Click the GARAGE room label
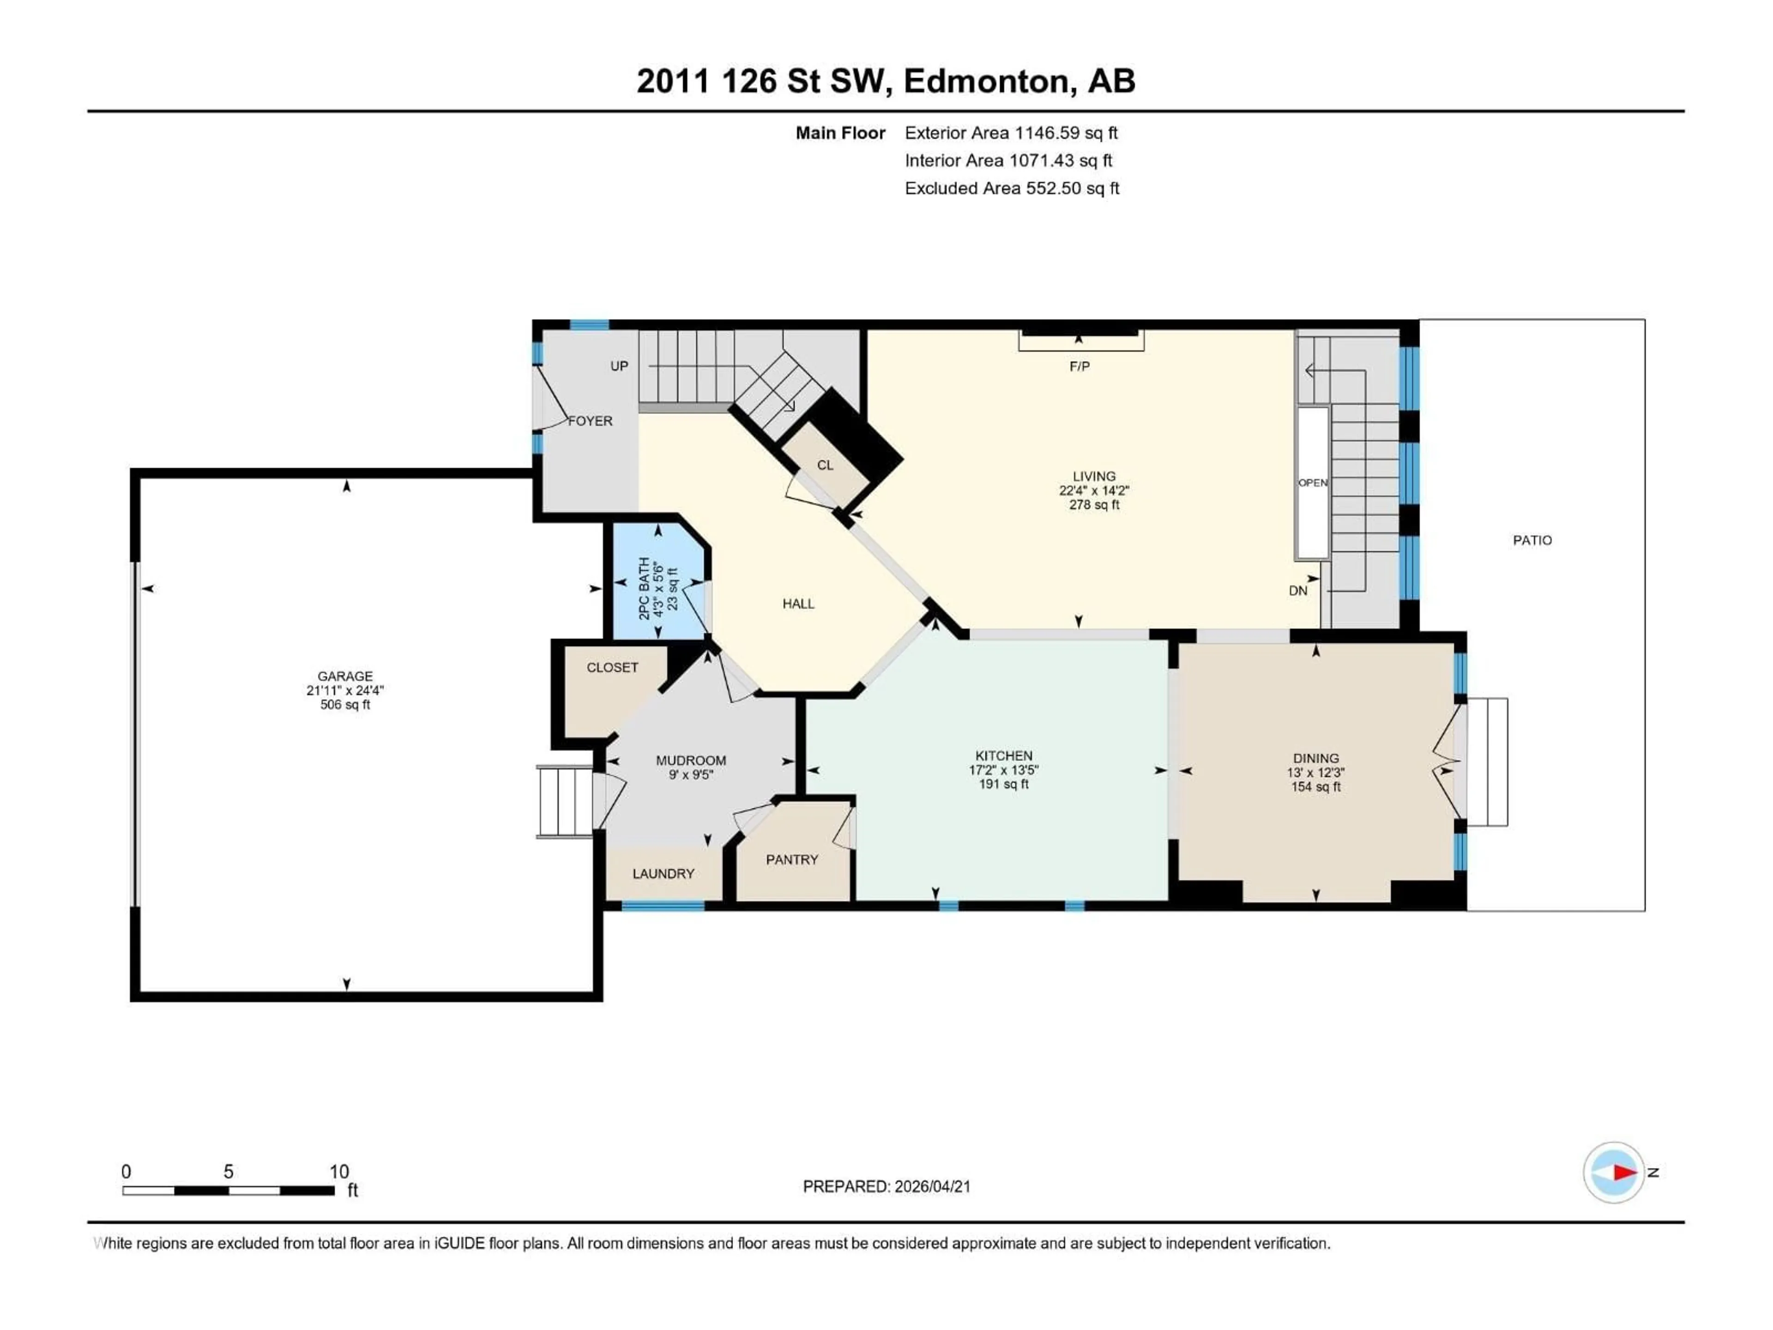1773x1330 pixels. coord(344,676)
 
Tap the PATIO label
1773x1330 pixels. coord(1532,540)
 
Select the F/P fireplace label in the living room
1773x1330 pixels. coord(1079,366)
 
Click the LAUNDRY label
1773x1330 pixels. coord(663,873)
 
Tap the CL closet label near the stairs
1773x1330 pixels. coord(825,465)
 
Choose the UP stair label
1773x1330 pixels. coord(619,366)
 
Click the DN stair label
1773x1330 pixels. coord(1298,590)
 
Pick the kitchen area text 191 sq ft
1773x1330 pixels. coord(1003,784)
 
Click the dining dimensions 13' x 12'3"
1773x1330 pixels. coord(1315,773)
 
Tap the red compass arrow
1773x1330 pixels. coord(1624,1172)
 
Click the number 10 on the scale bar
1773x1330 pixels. coord(339,1171)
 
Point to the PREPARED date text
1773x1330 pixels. coord(886,1186)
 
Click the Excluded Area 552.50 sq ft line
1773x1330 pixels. coord(1012,188)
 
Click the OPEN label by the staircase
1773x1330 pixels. coord(1312,483)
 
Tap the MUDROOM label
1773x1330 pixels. coord(690,760)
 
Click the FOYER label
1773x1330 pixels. coord(590,421)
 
